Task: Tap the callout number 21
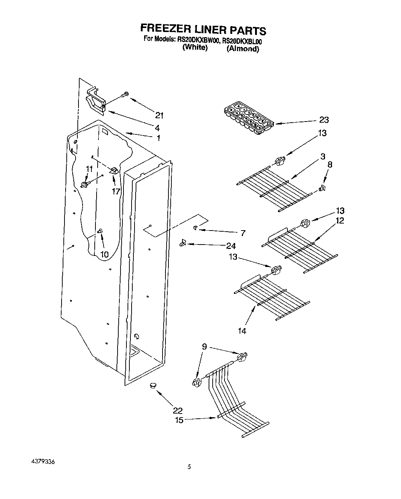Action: [159, 115]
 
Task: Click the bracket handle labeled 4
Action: [95, 101]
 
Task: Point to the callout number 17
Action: [116, 191]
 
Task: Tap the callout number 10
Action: [104, 254]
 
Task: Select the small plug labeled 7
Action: [195, 228]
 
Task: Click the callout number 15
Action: [179, 420]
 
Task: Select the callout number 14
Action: [242, 331]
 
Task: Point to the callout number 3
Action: [322, 156]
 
